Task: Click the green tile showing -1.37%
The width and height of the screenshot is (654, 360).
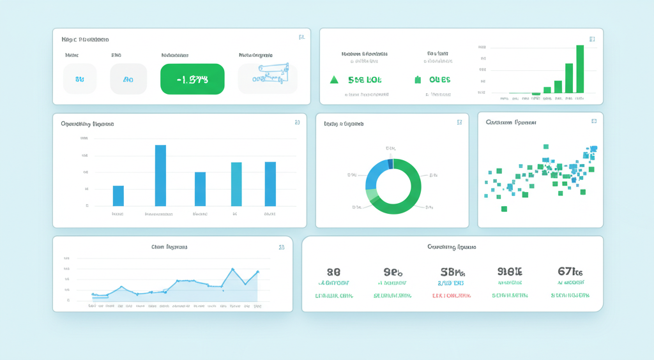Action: (x=192, y=79)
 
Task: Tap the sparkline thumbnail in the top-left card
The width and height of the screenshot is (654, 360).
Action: (x=268, y=79)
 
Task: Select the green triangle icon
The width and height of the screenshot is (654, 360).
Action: (x=333, y=80)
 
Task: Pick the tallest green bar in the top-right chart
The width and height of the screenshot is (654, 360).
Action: (x=580, y=69)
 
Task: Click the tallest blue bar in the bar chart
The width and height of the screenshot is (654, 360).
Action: (x=160, y=175)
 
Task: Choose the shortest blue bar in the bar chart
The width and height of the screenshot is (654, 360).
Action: (x=118, y=195)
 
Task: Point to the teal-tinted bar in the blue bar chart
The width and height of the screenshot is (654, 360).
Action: (x=236, y=184)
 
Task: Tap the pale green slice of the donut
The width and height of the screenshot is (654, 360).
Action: (x=371, y=195)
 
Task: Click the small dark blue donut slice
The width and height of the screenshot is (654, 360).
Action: (x=390, y=164)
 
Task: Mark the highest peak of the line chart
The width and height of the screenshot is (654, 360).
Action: (x=232, y=269)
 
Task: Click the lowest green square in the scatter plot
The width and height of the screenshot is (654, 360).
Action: (x=504, y=209)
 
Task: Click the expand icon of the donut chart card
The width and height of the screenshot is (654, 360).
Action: (x=459, y=123)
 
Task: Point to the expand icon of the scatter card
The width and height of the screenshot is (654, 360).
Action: (x=593, y=121)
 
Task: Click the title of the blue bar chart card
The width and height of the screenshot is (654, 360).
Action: (x=87, y=123)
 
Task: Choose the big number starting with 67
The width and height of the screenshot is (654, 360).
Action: (x=570, y=271)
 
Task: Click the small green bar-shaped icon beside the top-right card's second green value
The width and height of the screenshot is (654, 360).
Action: (x=418, y=80)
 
